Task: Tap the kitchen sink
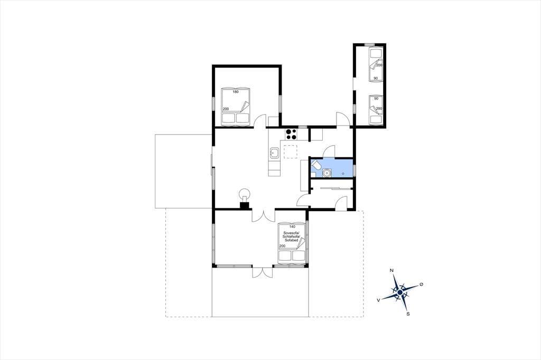point(274,153)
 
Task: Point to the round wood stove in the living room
point(245,193)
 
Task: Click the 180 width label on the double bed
point(236,92)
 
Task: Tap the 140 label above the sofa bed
point(293,227)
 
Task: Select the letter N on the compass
point(391,270)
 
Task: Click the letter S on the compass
point(408,314)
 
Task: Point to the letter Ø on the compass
point(421,285)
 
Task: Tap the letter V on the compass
point(378,300)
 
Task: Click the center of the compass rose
point(400,292)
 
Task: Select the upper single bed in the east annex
point(376,65)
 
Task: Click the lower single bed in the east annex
point(376,109)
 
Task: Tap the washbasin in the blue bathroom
point(326,173)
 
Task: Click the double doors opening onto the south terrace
point(263,272)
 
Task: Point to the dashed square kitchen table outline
point(291,151)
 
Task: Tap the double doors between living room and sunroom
point(263,215)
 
